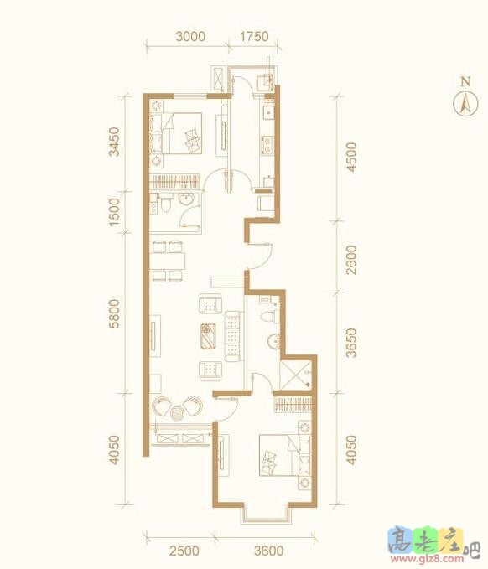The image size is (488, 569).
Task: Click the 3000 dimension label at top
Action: pyautogui.click(x=190, y=36)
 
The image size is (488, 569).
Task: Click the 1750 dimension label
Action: pyautogui.click(x=254, y=36)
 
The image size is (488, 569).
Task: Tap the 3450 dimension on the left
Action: pyautogui.click(x=114, y=142)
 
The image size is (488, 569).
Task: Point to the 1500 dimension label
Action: pyautogui.click(x=114, y=212)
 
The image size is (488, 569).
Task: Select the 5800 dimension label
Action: pyautogui.click(x=114, y=313)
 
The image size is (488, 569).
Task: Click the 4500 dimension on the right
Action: pyautogui.click(x=351, y=158)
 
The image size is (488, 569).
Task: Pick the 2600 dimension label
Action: pyautogui.click(x=351, y=260)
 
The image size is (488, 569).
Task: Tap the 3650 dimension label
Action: pyautogui.click(x=351, y=343)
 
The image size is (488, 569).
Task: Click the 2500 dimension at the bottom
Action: pyautogui.click(x=184, y=551)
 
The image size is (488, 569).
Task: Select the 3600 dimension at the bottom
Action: pyautogui.click(x=268, y=551)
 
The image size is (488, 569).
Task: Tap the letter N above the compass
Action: pyautogui.click(x=465, y=81)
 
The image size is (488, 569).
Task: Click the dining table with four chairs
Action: pyautogui.click(x=168, y=261)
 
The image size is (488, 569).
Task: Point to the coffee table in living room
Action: pyautogui.click(x=209, y=336)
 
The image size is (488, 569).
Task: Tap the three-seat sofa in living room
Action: pyautogui.click(x=233, y=336)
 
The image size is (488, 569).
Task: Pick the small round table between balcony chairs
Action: pyautogui.click(x=178, y=413)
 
